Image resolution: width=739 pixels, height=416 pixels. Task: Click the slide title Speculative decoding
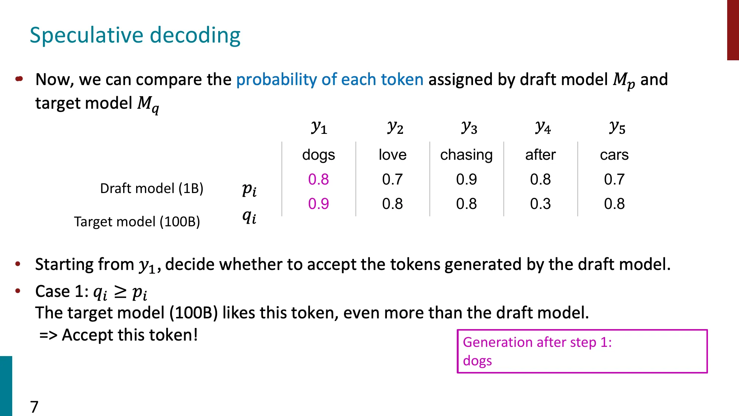[135, 35]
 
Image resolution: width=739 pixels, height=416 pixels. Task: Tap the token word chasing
[466, 155]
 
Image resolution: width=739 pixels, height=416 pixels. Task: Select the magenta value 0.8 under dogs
[318, 179]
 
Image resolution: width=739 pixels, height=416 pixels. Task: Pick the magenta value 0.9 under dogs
[318, 204]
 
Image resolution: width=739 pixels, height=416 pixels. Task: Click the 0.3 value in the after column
[540, 204]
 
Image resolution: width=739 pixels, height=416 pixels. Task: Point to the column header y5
[617, 128]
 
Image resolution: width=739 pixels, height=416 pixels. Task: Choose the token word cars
[614, 155]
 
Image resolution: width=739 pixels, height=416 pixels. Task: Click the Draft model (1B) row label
[152, 189]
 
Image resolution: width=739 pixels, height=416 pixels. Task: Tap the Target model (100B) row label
[137, 222]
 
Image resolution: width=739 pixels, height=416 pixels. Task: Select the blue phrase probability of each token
[330, 80]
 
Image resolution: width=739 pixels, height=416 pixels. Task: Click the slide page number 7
[34, 407]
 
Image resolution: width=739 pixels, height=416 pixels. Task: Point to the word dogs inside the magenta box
[477, 361]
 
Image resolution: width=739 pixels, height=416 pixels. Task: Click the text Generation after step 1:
[537, 342]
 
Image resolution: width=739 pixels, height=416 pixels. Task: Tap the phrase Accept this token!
[129, 335]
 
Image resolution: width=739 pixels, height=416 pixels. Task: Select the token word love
[392, 155]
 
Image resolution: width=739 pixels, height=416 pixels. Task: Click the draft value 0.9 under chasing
[466, 179]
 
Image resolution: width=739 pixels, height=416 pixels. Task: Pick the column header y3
[469, 128]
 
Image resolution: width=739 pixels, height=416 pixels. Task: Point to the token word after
[540, 155]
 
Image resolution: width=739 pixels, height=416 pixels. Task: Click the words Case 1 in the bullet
[61, 291]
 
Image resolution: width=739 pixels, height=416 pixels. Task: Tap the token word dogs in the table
[318, 155]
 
